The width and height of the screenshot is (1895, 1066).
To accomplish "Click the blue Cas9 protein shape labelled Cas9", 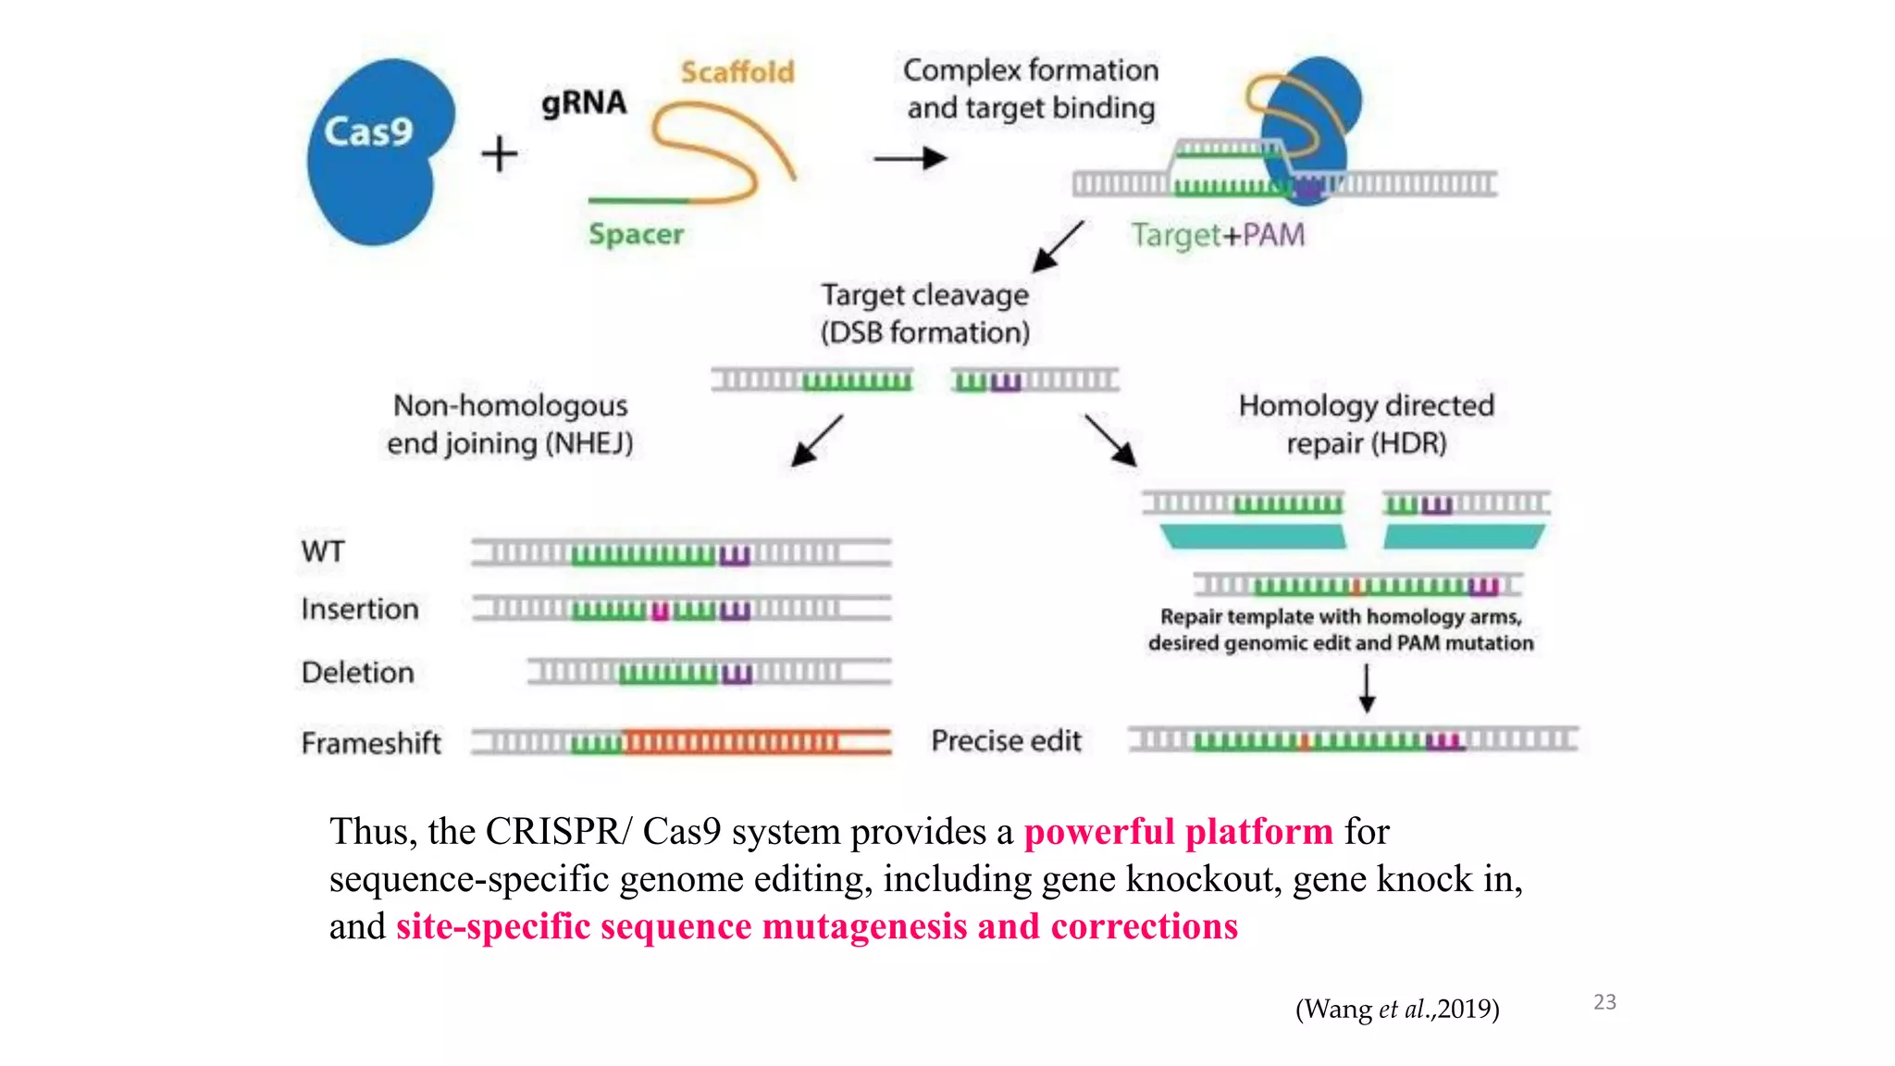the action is [379, 153].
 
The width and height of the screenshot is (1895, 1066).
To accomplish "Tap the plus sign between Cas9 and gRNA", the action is [500, 154].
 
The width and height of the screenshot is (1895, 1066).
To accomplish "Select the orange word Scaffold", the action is [737, 71].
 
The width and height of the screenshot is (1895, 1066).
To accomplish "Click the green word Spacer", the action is [637, 234].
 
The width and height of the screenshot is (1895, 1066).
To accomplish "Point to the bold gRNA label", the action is [584, 102].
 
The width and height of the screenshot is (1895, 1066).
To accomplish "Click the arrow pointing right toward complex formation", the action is [910, 159].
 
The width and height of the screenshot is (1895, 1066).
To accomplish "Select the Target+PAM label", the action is [1218, 235].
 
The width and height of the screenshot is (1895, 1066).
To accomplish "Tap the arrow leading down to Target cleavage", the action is [1058, 246].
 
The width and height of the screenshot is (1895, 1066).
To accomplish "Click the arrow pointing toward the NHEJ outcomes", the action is [817, 440].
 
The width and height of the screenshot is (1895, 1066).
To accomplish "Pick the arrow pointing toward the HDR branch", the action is [1111, 440].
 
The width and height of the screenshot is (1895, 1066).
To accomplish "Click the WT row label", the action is [323, 552].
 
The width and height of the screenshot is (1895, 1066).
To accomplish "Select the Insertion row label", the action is [360, 609].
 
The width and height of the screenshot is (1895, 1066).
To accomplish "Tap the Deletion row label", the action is [358, 673].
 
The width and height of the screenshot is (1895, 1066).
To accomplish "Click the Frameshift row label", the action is [371, 743].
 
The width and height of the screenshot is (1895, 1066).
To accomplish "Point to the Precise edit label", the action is [1007, 741].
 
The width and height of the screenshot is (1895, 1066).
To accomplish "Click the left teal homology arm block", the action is [1254, 537].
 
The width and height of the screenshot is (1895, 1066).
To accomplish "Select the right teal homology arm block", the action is [1464, 537].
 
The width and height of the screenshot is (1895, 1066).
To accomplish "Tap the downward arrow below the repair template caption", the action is [1367, 688].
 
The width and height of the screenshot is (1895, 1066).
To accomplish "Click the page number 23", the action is [1604, 1002].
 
